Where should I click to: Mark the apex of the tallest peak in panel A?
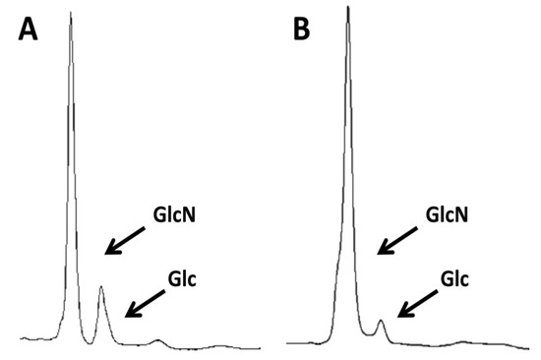point(71,14)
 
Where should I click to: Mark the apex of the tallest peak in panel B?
point(348,9)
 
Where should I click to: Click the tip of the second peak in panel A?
point(101,287)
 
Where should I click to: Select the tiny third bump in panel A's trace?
point(158,340)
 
